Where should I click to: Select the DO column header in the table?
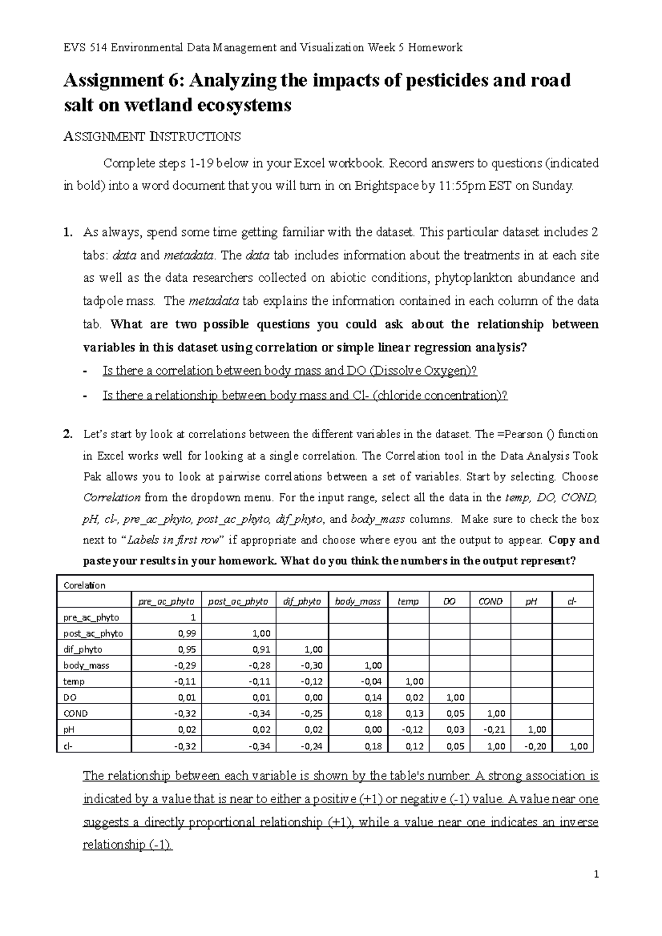(x=449, y=601)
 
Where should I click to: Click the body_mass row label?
(x=86, y=665)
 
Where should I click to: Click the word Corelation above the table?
(x=84, y=585)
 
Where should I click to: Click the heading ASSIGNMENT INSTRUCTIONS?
(x=152, y=136)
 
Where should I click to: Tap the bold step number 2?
(x=68, y=434)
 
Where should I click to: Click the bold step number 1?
(x=68, y=232)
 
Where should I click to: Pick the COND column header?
(x=490, y=601)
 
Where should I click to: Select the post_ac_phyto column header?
(x=238, y=601)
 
